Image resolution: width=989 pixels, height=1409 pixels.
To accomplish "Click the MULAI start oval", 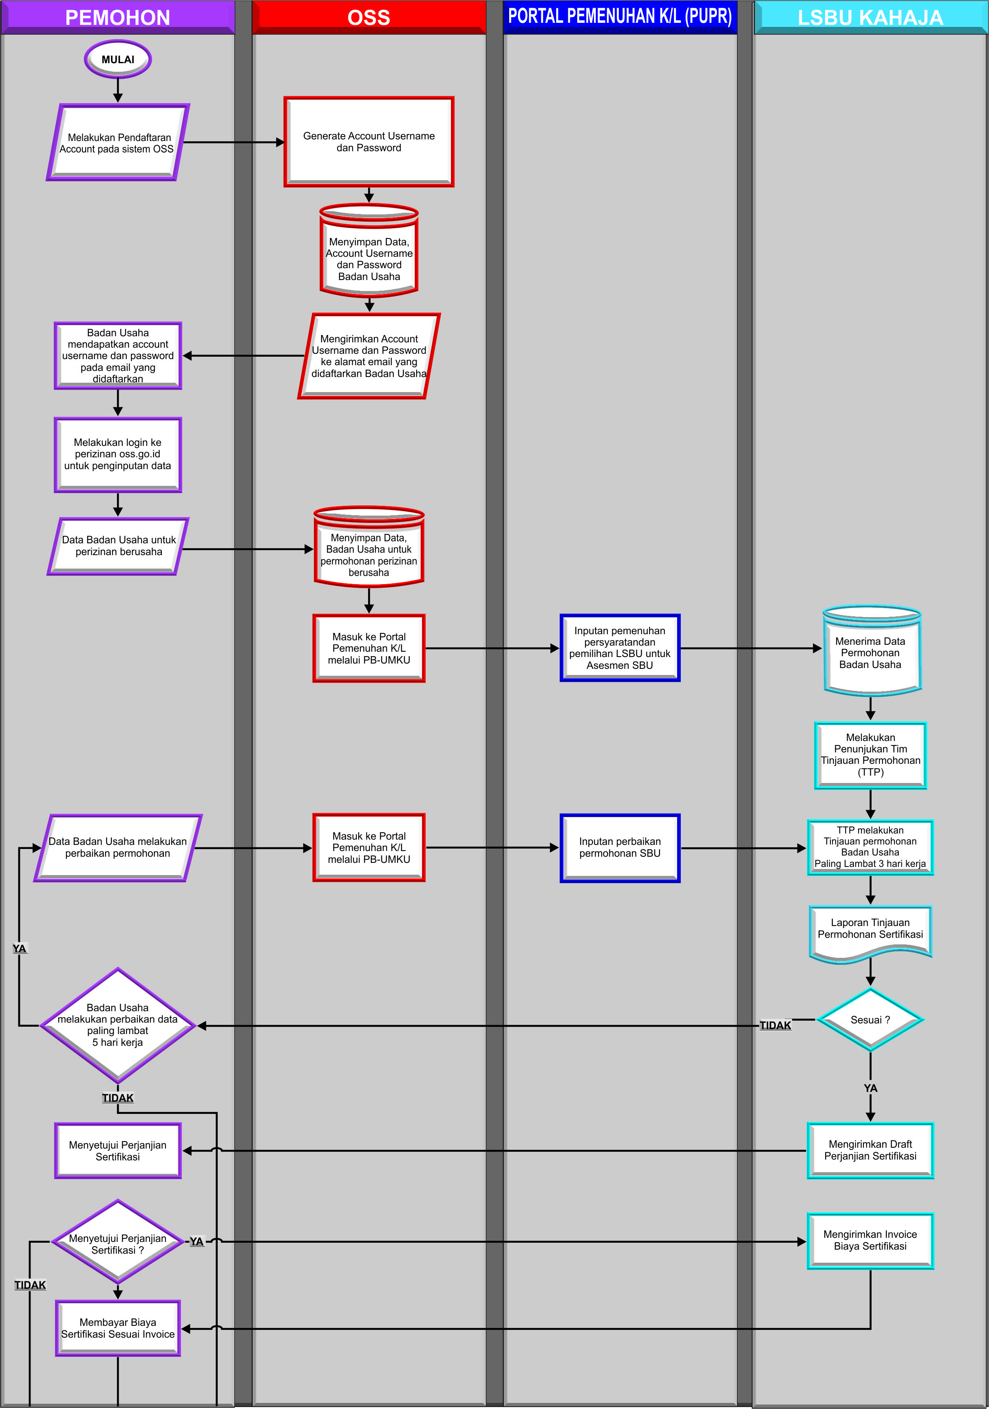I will pyautogui.click(x=118, y=60).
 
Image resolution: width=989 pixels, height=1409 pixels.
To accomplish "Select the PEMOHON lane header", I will pyautogui.click(x=118, y=17).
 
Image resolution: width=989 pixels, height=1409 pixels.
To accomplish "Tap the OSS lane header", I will pyautogui.click(x=369, y=17).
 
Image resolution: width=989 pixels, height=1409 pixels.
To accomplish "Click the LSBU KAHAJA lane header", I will pyautogui.click(x=870, y=17).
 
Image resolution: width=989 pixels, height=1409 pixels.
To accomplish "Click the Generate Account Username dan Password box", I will pyautogui.click(x=369, y=142).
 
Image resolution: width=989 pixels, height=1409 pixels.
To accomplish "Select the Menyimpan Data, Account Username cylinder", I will pyautogui.click(x=369, y=251).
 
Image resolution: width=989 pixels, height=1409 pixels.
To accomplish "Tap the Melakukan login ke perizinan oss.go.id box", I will pyautogui.click(x=118, y=454).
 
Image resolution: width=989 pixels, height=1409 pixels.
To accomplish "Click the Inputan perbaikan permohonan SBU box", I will pyautogui.click(x=620, y=847).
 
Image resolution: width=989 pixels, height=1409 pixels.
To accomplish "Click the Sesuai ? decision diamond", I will pyautogui.click(x=870, y=1019).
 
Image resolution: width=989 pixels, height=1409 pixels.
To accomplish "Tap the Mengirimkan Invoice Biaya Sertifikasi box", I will pyautogui.click(x=870, y=1240).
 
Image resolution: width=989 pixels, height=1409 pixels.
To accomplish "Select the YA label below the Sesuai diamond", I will pyautogui.click(x=870, y=1088).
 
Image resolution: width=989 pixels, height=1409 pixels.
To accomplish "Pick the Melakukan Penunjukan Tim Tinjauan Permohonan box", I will pyautogui.click(x=870, y=755).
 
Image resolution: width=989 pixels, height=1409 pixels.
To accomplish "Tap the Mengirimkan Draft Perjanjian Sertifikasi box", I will pyautogui.click(x=870, y=1150).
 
